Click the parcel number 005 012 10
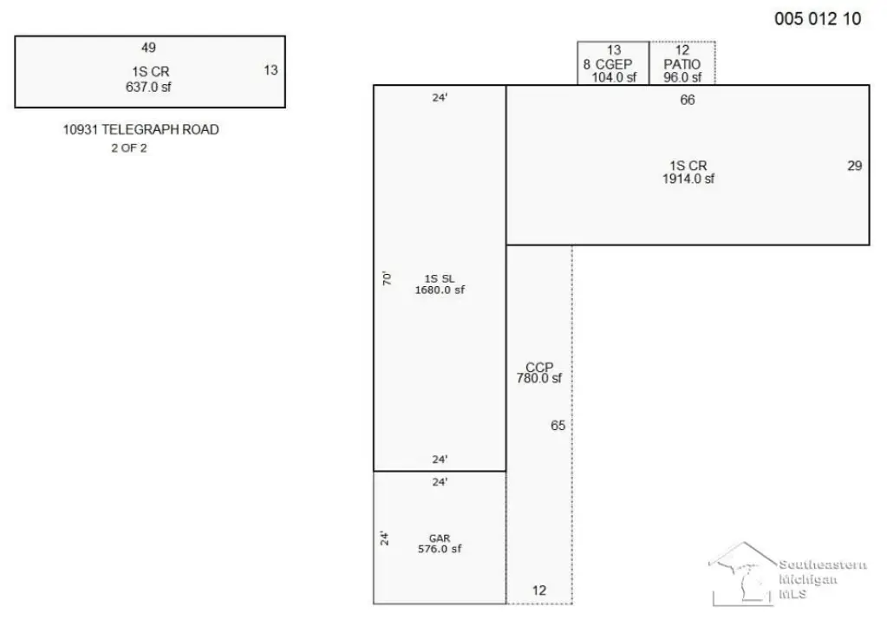pos(818,19)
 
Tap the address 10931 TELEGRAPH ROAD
pos(140,129)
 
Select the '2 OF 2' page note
pos(129,148)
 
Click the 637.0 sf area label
pos(148,87)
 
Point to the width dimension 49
pos(149,48)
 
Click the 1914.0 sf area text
pos(688,179)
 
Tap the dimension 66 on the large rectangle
pos(688,100)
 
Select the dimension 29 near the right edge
pos(855,166)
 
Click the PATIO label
pos(682,64)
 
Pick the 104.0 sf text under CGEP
pos(615,77)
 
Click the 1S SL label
pos(440,279)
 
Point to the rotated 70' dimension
pos(387,278)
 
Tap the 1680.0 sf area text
pos(440,290)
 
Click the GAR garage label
pos(440,538)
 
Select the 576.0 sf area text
pos(440,549)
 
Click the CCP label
pos(539,367)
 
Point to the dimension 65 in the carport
pos(558,426)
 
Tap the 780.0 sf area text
pos(539,378)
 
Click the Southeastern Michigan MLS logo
pos(787,574)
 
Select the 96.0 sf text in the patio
pos(682,77)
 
